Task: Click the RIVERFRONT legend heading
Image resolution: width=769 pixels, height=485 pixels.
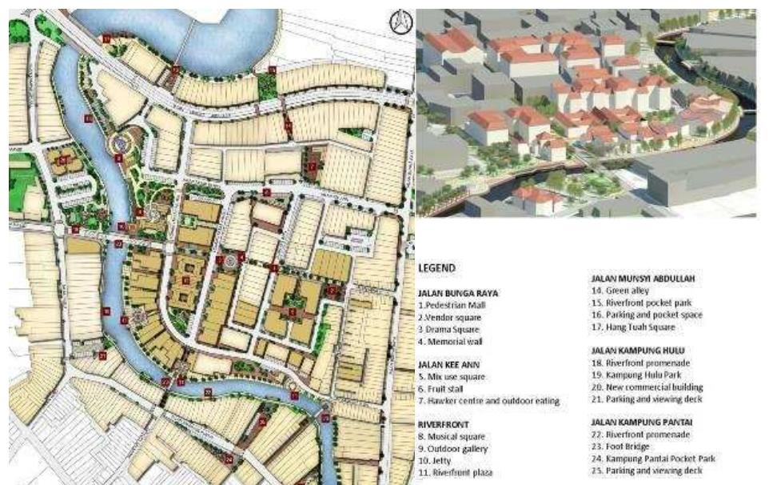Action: coord(441,424)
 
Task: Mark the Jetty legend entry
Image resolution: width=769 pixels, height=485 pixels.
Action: coord(435,460)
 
